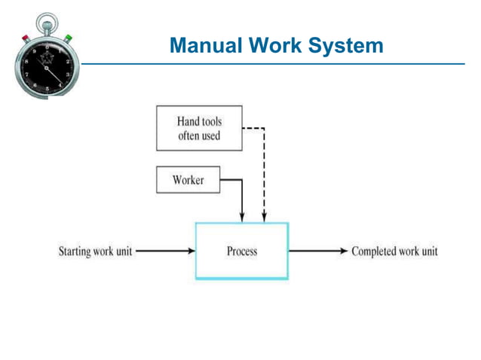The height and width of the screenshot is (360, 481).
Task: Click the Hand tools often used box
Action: tap(199, 128)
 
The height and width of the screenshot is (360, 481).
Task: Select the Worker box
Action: tap(188, 181)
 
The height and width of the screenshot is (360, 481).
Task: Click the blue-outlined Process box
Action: tap(241, 251)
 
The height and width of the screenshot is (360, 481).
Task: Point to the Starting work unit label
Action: tap(95, 251)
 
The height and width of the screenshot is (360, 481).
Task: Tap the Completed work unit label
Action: tap(394, 251)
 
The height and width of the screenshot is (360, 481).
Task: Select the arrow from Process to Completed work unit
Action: tap(317, 251)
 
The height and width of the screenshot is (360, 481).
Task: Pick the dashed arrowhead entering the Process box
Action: tap(264, 218)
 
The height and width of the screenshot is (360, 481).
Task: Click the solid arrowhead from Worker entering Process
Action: tap(242, 218)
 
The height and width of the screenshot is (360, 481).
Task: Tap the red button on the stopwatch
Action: tap(25, 38)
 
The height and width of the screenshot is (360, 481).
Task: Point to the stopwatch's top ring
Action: tap(46, 20)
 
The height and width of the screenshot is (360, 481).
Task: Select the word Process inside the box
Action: tap(241, 251)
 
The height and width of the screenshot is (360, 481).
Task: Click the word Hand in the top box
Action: tap(188, 121)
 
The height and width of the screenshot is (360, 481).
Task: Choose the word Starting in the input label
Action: tap(75, 251)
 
